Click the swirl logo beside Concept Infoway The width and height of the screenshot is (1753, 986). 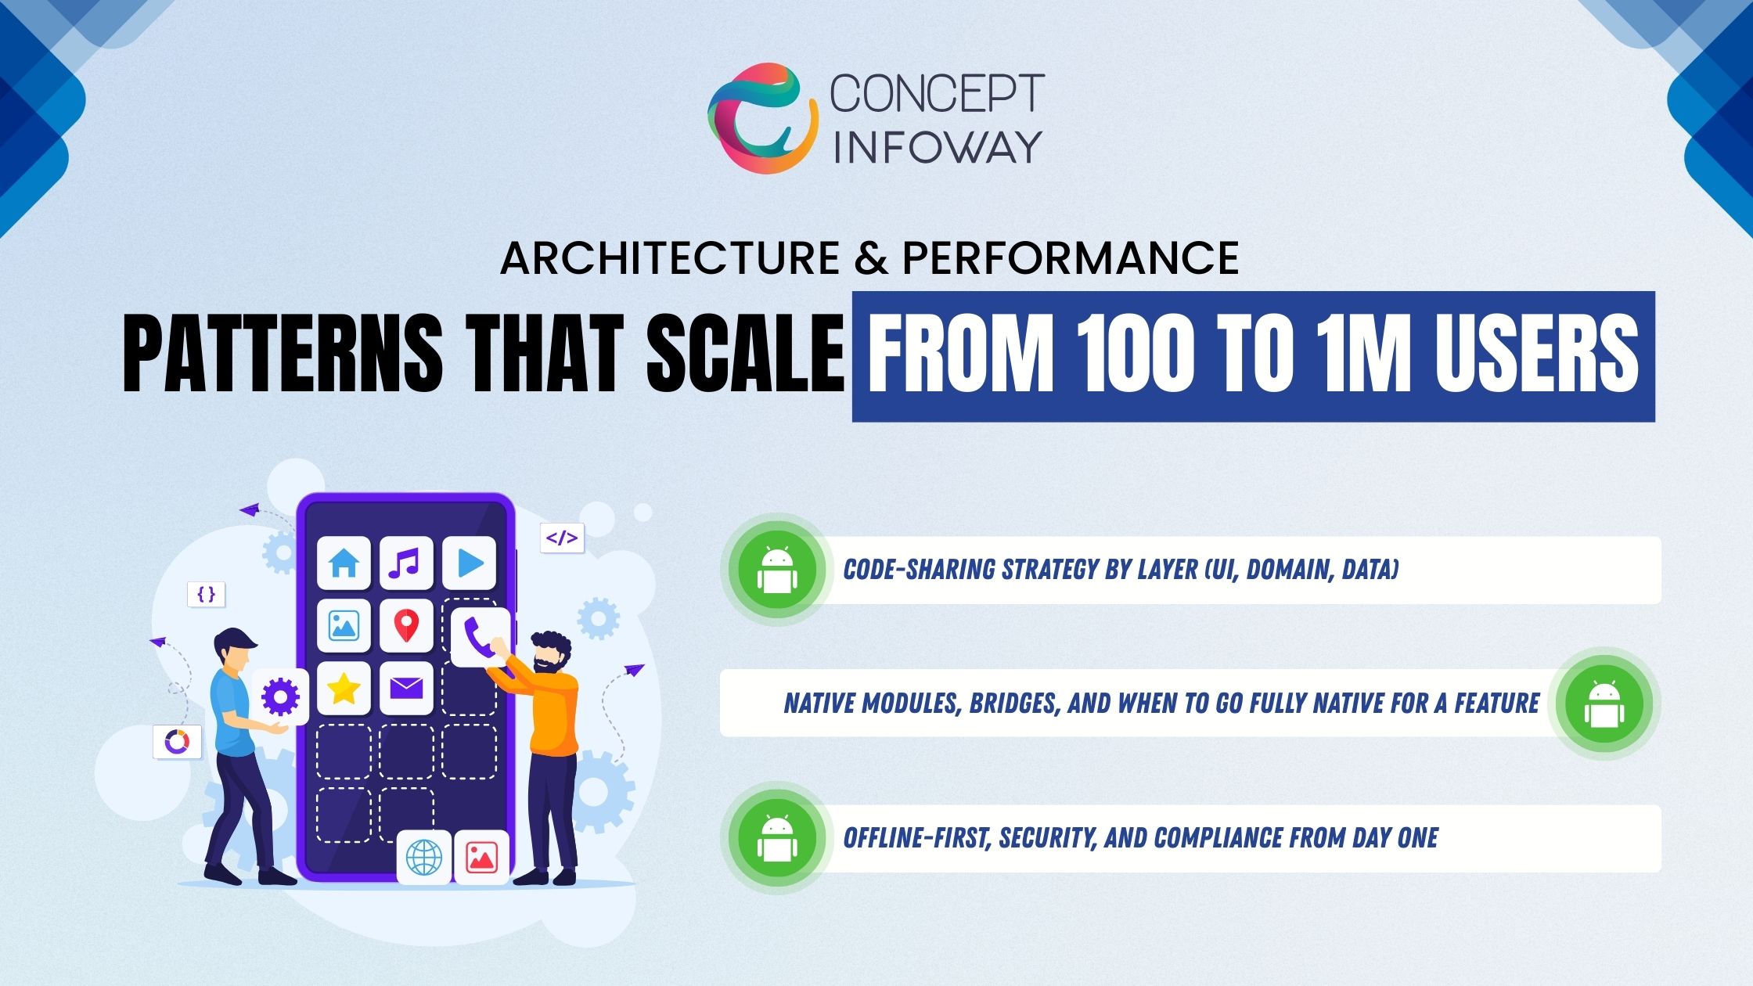[x=763, y=117]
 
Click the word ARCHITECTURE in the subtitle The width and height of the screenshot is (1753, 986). [x=670, y=257]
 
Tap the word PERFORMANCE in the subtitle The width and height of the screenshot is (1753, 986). [x=1071, y=257]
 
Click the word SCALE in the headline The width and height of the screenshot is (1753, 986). [x=745, y=355]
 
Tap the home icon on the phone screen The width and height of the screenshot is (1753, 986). [x=344, y=563]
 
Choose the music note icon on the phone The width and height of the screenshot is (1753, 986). [x=406, y=563]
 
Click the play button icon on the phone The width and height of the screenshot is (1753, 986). [x=469, y=563]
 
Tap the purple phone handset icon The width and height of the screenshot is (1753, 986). [x=479, y=636]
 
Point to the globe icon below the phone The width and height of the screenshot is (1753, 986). [x=424, y=858]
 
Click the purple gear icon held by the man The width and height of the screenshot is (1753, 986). [x=280, y=696]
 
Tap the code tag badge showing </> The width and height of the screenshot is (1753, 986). [x=562, y=538]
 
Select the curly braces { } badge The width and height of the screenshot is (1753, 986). [x=207, y=594]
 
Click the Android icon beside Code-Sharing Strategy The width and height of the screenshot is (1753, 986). [x=777, y=570]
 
